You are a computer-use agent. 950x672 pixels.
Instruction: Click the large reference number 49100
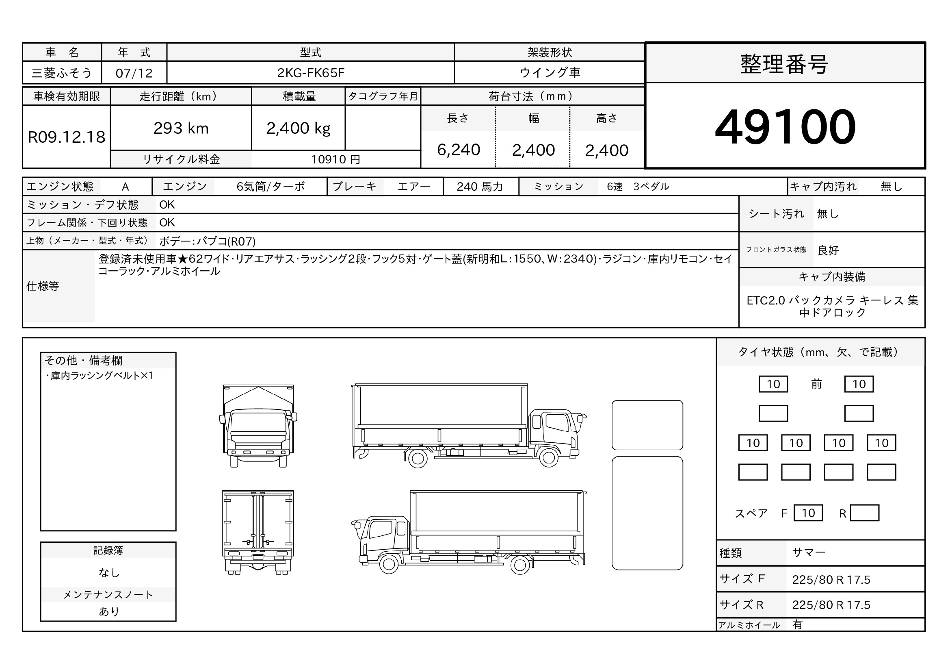pyautogui.click(x=785, y=126)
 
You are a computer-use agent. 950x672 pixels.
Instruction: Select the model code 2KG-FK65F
pyautogui.click(x=310, y=73)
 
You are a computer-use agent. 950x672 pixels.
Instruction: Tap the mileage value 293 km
pyautogui.click(x=181, y=128)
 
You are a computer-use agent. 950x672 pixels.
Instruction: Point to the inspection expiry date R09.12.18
pyautogui.click(x=67, y=137)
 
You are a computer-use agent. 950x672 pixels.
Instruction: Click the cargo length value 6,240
pyautogui.click(x=459, y=150)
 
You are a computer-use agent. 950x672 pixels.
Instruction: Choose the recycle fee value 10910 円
pyautogui.click(x=335, y=159)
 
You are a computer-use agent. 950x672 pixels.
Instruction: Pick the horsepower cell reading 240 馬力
pyautogui.click(x=480, y=187)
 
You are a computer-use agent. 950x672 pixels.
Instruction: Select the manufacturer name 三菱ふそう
pyautogui.click(x=62, y=73)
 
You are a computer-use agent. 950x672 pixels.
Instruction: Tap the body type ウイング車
pyautogui.click(x=550, y=72)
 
